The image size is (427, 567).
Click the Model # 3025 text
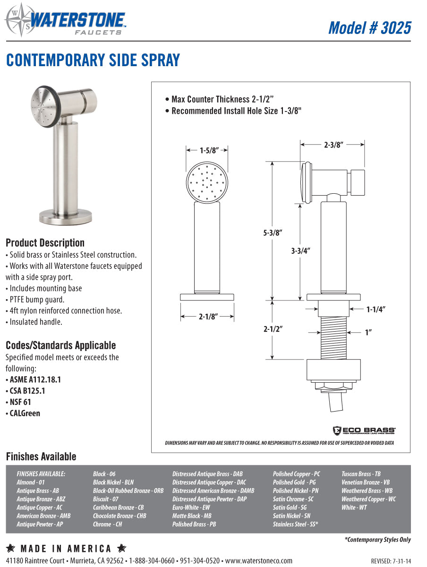(x=369, y=27)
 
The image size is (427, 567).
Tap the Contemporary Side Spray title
(x=93, y=60)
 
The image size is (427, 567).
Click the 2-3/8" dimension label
(x=333, y=146)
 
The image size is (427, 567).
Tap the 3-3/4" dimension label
(x=300, y=251)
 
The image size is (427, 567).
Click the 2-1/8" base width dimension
(x=207, y=317)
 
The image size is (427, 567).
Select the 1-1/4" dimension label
(x=376, y=309)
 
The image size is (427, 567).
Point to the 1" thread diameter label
(x=369, y=332)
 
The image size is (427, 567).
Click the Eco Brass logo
(x=364, y=430)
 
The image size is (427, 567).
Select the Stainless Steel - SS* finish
(x=295, y=524)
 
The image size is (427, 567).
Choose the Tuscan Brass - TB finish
(x=361, y=474)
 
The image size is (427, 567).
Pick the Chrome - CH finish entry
(x=108, y=524)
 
